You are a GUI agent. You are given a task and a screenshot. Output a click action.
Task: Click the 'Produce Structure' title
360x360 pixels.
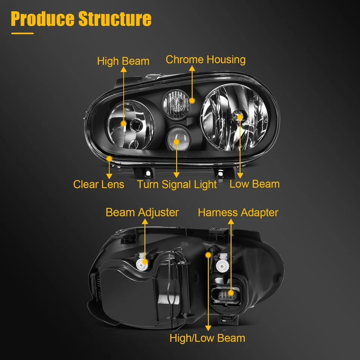click(81, 19)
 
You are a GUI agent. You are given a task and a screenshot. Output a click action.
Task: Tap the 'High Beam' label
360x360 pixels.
click(123, 61)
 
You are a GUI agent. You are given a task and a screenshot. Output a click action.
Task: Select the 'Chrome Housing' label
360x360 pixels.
click(205, 60)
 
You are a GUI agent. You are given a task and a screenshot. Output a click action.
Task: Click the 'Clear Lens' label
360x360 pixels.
click(99, 184)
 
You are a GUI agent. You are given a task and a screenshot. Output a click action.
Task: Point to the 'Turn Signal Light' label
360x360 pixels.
click(177, 184)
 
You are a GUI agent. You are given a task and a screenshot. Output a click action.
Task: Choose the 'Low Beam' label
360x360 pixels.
click(255, 184)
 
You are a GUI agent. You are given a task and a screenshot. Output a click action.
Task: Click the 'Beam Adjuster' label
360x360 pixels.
click(142, 212)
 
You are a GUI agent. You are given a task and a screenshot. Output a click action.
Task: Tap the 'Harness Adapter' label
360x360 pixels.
click(238, 212)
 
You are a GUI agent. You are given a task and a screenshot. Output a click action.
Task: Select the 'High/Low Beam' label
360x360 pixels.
click(207, 338)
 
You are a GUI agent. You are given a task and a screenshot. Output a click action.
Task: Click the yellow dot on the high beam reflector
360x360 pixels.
click(123, 123)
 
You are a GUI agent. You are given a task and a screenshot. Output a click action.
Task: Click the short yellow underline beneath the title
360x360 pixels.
click(22, 33)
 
